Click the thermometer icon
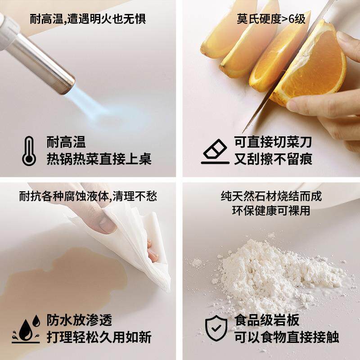29,151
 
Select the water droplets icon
26,328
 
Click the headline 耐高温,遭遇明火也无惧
88,18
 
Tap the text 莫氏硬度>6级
271,18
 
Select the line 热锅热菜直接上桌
99,159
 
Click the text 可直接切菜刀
273,142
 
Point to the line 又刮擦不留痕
273,159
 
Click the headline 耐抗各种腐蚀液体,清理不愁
88,196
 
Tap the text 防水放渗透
79,320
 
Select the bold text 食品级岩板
267,320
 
